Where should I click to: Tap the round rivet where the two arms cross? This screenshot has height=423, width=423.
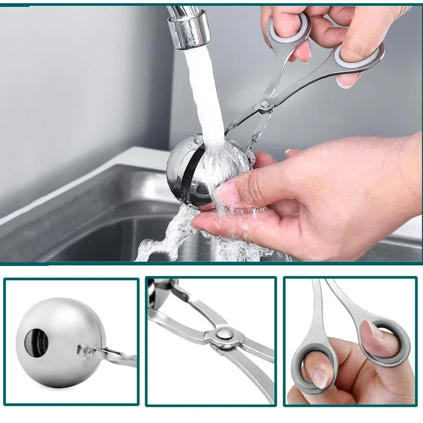(x=223, y=333)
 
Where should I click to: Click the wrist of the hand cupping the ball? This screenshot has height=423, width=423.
(x=402, y=174)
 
